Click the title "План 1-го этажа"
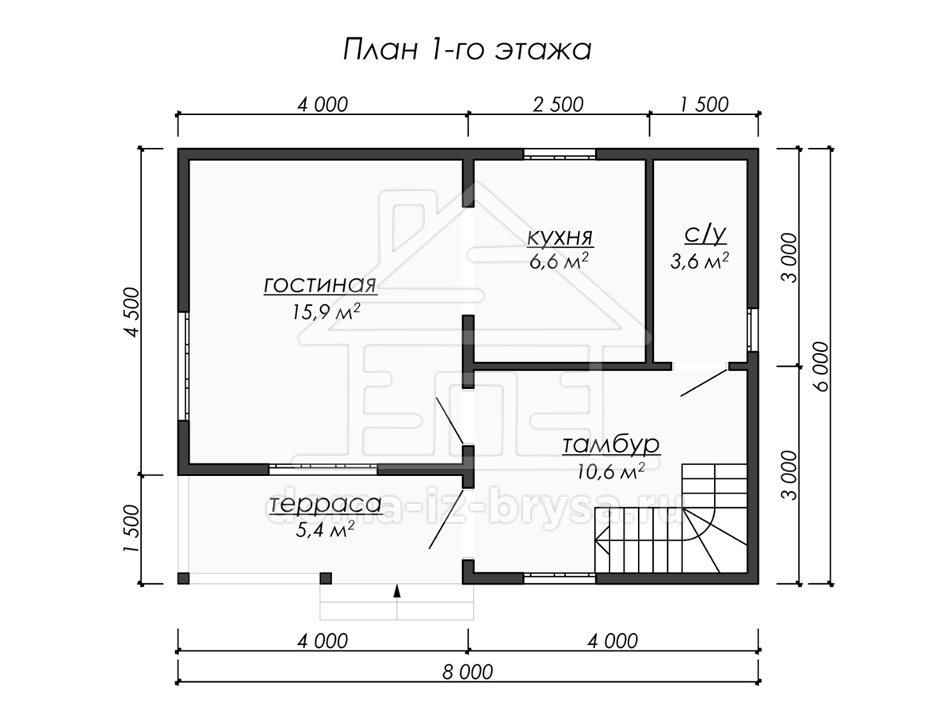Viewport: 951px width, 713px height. (467, 50)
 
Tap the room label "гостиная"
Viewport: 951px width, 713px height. (320, 285)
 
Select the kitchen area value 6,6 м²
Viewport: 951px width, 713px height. (560, 261)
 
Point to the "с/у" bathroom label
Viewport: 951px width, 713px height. (705, 235)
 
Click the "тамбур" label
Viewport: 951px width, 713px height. (611, 444)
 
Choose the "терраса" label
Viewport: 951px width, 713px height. (325, 505)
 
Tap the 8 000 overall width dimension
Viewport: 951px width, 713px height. (468, 672)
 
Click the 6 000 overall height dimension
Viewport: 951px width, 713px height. (821, 366)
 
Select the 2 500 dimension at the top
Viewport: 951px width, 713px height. (558, 105)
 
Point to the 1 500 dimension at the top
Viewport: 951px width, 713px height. (704, 105)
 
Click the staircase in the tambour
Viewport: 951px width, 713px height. (671, 518)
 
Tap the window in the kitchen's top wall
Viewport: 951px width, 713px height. (559, 154)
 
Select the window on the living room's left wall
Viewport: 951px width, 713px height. (184, 366)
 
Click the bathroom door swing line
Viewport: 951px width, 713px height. (704, 383)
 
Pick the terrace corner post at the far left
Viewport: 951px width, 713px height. (183, 578)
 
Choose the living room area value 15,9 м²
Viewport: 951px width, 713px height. (326, 311)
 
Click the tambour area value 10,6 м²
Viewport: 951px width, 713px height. (610, 471)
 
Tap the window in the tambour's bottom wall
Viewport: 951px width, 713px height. (559, 578)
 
